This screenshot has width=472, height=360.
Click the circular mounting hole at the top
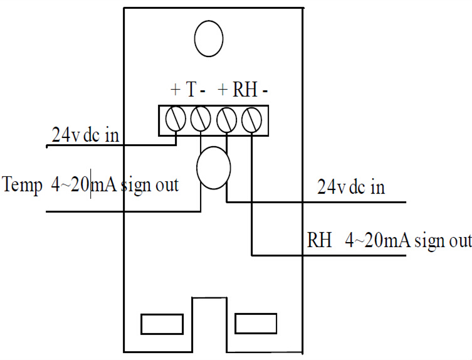click(209, 39)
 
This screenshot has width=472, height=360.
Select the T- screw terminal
click(200, 117)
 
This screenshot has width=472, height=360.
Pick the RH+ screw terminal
click(226, 117)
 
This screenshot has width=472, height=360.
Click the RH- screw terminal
click(251, 117)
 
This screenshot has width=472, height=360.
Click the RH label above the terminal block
click(245, 90)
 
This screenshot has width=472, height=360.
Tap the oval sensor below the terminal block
click(214, 168)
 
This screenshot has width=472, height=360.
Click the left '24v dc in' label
click(85, 135)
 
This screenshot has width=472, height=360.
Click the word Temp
click(22, 186)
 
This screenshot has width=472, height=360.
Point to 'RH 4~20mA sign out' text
click(389, 240)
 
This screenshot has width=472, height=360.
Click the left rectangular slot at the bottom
click(161, 324)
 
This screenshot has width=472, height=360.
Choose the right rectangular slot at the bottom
click(256, 324)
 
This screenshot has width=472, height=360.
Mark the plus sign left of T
click(175, 90)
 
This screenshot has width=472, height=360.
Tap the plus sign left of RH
click(222, 90)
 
